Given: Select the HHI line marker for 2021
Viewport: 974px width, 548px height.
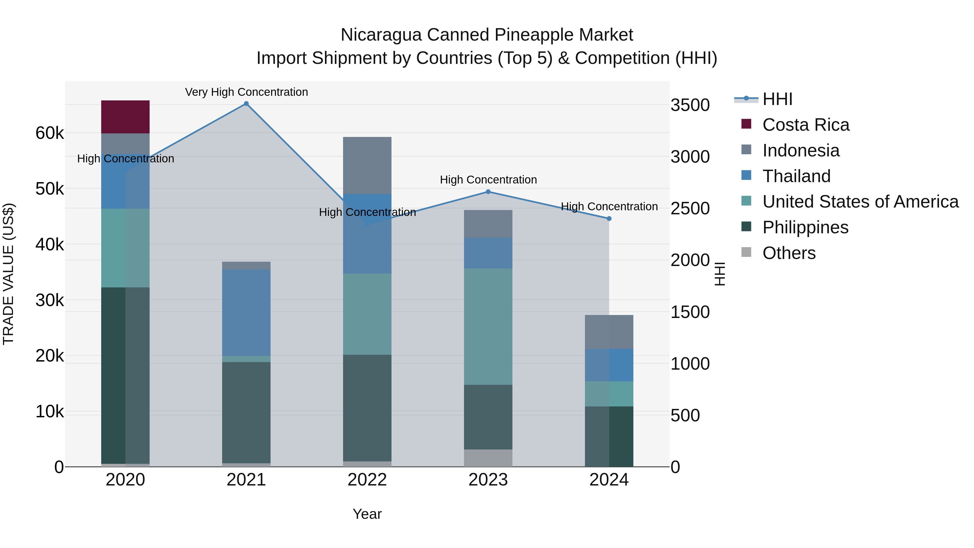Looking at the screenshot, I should (246, 104).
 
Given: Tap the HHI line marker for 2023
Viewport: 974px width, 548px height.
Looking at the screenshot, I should (488, 192).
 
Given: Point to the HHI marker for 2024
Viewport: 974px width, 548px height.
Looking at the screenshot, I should (609, 219).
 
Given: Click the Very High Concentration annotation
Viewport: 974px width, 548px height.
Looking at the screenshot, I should (246, 92).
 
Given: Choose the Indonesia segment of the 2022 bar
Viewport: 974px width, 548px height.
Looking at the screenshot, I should (367, 165).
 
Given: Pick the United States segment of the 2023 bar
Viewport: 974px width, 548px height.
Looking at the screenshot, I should (488, 326).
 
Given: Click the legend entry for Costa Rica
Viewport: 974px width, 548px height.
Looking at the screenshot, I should (805, 125).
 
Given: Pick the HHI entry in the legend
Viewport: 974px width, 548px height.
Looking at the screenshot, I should (777, 99).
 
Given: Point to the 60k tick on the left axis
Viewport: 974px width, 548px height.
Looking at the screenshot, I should (50, 133).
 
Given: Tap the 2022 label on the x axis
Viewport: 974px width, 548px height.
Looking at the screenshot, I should (367, 480).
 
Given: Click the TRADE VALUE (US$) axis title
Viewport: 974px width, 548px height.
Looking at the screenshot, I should (8, 274).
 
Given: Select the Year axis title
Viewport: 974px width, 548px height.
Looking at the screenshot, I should (367, 514).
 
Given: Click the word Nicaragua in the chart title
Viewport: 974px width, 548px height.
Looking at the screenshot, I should (381, 35).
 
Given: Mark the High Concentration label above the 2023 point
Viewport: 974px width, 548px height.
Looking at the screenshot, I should (488, 180).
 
